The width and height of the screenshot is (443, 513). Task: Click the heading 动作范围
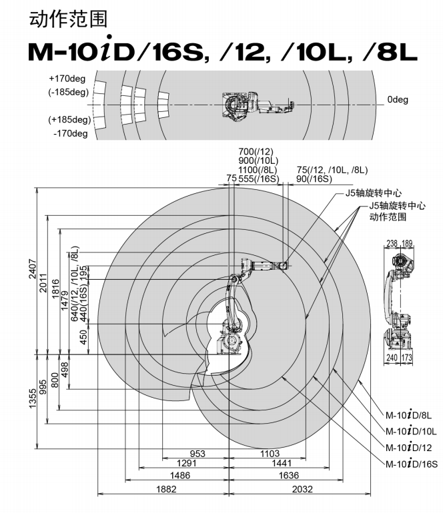(68, 19)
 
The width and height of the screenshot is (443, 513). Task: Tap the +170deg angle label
(67, 79)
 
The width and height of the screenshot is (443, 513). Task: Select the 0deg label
(398, 99)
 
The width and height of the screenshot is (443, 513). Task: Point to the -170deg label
(71, 133)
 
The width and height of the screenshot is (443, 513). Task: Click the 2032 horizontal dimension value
(302, 489)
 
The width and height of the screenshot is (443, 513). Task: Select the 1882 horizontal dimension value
(166, 489)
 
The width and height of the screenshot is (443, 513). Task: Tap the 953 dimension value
(197, 454)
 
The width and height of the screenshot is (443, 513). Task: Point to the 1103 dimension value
(270, 454)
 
